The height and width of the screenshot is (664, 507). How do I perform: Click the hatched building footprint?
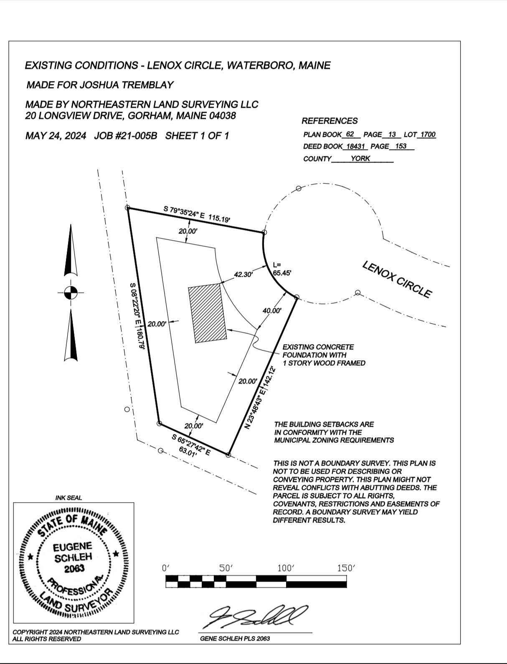tap(207, 313)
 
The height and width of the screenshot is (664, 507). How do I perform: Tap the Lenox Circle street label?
tap(397, 279)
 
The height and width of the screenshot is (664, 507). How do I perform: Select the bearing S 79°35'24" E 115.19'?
tap(197, 214)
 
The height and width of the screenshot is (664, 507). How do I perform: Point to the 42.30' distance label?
tap(243, 275)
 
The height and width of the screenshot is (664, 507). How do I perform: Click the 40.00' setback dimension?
tap(272, 310)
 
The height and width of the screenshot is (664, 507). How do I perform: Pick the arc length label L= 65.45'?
tap(281, 269)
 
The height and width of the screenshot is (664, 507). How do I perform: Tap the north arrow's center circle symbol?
tap(71, 293)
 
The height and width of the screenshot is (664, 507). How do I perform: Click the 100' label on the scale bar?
tap(286, 568)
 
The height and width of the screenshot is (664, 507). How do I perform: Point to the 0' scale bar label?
tap(166, 568)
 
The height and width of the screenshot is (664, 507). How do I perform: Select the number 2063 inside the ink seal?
tap(74, 569)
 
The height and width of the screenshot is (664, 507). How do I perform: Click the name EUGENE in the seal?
tap(73, 547)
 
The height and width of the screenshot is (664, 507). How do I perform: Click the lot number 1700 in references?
tap(428, 134)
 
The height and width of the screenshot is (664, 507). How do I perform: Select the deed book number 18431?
tap(356, 146)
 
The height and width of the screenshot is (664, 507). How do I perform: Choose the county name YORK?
tap(360, 158)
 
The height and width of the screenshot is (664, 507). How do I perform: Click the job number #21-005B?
tap(126, 135)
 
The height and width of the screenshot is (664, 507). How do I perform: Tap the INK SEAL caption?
tap(68, 498)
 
